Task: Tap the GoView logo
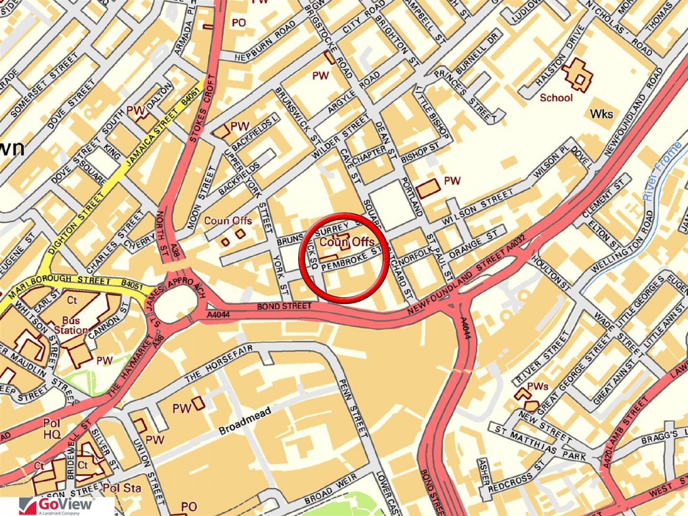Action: coord(57,506)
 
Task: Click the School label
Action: coord(556,98)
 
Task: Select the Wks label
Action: coord(601,114)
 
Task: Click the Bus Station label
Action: coord(71,325)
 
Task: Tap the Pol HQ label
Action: coord(52,428)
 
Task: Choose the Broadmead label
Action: coord(245,420)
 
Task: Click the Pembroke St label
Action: coord(350,260)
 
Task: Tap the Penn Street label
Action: coord(353,407)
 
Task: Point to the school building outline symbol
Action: coord(578,75)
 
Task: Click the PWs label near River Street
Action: coord(537,386)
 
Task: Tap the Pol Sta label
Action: coord(122,488)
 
